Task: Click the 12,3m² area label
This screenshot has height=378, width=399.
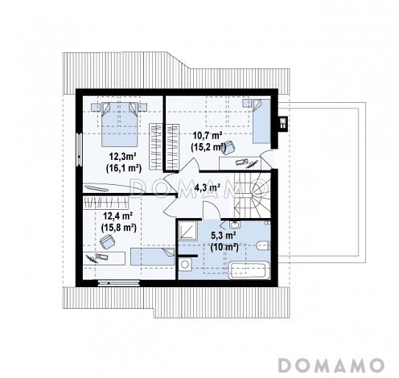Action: click(122, 156)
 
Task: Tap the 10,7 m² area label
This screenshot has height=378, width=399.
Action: click(208, 136)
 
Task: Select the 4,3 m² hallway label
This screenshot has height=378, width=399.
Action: click(208, 187)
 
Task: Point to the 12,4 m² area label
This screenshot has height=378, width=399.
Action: click(119, 216)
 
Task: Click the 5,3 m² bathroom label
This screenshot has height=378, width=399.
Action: click(223, 236)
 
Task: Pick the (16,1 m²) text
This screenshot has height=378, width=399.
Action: click(124, 168)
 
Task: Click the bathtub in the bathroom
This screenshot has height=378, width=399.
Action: click(249, 271)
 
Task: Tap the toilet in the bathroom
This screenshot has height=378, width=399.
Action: click(263, 246)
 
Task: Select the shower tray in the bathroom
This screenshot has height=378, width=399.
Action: click(188, 231)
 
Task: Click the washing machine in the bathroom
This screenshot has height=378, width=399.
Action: click(185, 265)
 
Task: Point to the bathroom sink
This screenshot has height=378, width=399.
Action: click(235, 224)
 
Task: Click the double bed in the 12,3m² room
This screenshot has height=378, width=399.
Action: click(120, 124)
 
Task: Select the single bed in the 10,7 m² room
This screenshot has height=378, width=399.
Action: click(261, 121)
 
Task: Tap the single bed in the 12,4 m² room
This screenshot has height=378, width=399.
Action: click(153, 257)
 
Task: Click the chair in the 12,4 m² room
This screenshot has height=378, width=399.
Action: click(107, 241)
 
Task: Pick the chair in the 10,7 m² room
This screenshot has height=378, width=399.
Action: click(228, 147)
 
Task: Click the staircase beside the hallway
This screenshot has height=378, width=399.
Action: click(252, 195)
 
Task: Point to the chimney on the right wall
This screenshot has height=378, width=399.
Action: click(283, 124)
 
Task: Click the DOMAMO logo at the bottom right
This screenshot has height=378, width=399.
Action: click(331, 365)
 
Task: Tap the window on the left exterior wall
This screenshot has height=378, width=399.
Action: click(79, 150)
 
